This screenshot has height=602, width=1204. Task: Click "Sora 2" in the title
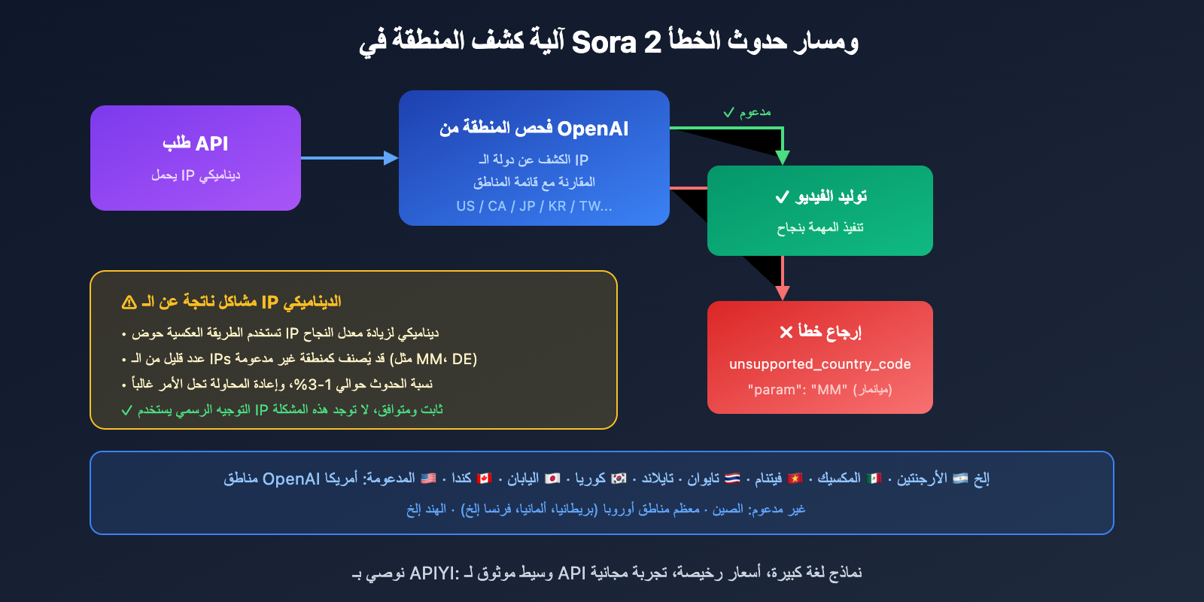tap(616, 42)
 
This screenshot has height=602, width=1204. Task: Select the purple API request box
tap(196, 158)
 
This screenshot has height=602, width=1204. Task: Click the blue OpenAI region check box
tap(534, 158)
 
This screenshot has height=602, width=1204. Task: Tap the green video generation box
tap(820, 211)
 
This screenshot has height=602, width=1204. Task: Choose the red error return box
tap(820, 357)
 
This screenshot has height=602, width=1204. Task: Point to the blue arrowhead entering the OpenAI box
tap(391, 158)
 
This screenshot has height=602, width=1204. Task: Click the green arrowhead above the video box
tap(783, 157)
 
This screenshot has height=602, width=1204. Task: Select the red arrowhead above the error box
tap(783, 293)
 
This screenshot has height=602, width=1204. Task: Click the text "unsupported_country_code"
tap(820, 364)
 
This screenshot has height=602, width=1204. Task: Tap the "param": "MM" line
tap(819, 390)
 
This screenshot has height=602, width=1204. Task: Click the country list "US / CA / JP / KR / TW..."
tap(534, 206)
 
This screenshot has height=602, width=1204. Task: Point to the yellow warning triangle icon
tap(129, 303)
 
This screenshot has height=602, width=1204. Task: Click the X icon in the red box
tap(786, 332)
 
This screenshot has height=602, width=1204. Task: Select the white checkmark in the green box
tap(782, 197)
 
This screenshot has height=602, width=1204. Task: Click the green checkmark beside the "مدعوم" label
tap(728, 113)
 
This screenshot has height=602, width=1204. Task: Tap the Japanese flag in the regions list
tap(552, 479)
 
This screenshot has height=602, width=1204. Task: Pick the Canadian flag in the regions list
tap(485, 479)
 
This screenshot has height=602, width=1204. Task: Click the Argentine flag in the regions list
tap(960, 479)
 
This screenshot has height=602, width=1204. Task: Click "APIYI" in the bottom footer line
tap(433, 573)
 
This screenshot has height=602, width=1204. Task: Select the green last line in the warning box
tap(282, 410)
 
